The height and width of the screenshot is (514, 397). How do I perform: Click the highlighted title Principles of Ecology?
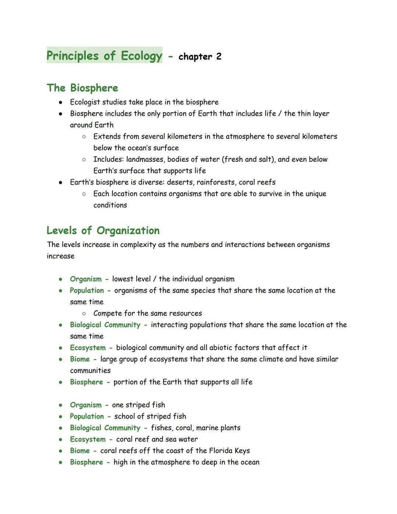click(104, 56)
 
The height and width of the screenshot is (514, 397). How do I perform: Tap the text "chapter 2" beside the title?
click(200, 57)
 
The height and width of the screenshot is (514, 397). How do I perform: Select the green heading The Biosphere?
click(82, 88)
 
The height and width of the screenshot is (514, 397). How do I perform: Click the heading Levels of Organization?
click(103, 231)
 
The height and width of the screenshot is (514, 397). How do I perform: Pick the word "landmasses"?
click(145, 159)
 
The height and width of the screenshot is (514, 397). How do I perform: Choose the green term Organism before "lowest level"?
click(86, 279)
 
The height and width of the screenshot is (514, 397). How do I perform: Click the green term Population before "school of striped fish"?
click(87, 416)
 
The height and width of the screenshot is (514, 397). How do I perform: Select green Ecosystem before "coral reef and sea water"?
click(87, 439)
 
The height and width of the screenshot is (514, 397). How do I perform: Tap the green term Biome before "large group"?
click(80, 359)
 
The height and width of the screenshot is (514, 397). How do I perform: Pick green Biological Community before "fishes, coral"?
click(105, 428)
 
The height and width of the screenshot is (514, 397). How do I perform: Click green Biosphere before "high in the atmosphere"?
click(86, 462)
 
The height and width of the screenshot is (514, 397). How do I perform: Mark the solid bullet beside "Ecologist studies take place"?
click(61, 102)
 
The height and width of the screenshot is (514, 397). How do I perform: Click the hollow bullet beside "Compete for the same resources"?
click(84, 313)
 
